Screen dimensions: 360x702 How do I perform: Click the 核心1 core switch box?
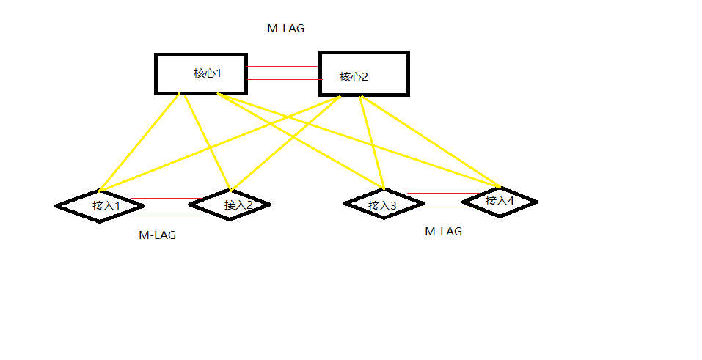pyautogui.click(x=200, y=73)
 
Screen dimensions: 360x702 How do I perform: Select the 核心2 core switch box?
pyautogui.click(x=363, y=74)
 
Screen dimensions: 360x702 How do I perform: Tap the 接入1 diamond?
pyautogui.click(x=99, y=205)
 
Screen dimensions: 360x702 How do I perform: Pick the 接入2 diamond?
pyautogui.click(x=230, y=204)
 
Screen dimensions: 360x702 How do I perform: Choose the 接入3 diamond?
pyautogui.click(x=382, y=205)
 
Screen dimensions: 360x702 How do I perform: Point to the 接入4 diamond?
pyautogui.click(x=500, y=200)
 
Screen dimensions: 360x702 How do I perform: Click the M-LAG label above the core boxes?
pyautogui.click(x=285, y=29)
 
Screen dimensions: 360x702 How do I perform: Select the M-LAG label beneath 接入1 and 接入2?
pyautogui.click(x=157, y=235)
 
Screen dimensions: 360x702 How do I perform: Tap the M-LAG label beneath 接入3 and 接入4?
pyautogui.click(x=444, y=231)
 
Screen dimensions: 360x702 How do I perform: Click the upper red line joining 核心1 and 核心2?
pyautogui.click(x=282, y=67)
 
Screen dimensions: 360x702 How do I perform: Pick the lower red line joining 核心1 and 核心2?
pyautogui.click(x=282, y=78)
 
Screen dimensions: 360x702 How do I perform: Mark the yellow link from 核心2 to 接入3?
pyautogui.click(x=373, y=143)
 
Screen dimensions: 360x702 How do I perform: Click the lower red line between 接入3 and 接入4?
pyautogui.click(x=444, y=210)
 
